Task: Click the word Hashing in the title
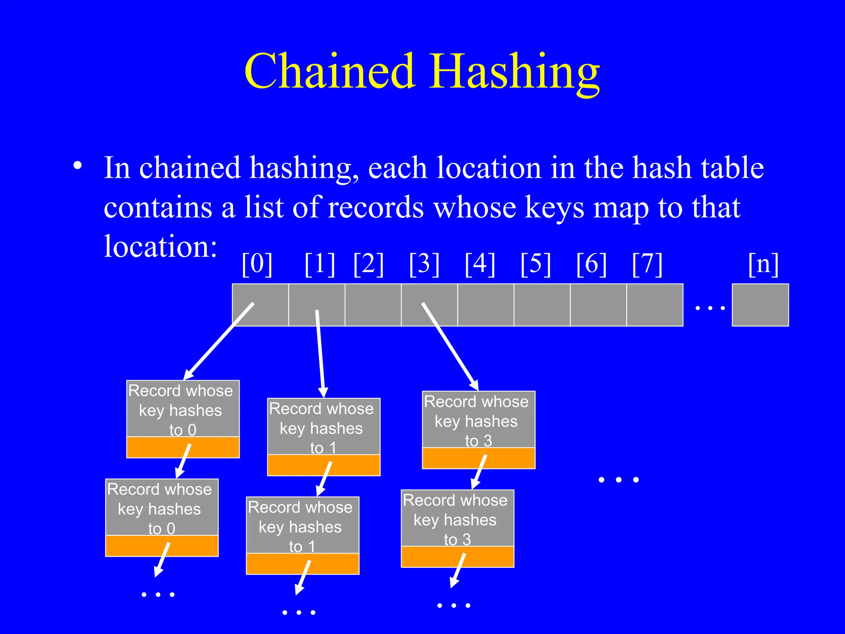tap(514, 72)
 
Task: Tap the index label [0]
tap(257, 264)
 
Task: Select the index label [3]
tap(424, 264)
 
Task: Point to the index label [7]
tap(647, 264)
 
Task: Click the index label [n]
tap(763, 264)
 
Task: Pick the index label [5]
tap(536, 264)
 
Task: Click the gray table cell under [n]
tap(760, 305)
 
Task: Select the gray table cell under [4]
tap(486, 305)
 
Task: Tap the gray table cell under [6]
tap(598, 305)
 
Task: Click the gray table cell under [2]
tap(373, 305)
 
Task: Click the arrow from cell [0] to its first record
tap(219, 341)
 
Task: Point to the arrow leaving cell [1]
tap(320, 353)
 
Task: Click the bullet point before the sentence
tap(77, 166)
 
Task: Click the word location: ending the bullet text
tap(161, 246)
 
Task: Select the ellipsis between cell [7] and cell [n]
tap(710, 308)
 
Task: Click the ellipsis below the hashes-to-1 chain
tap(299, 613)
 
